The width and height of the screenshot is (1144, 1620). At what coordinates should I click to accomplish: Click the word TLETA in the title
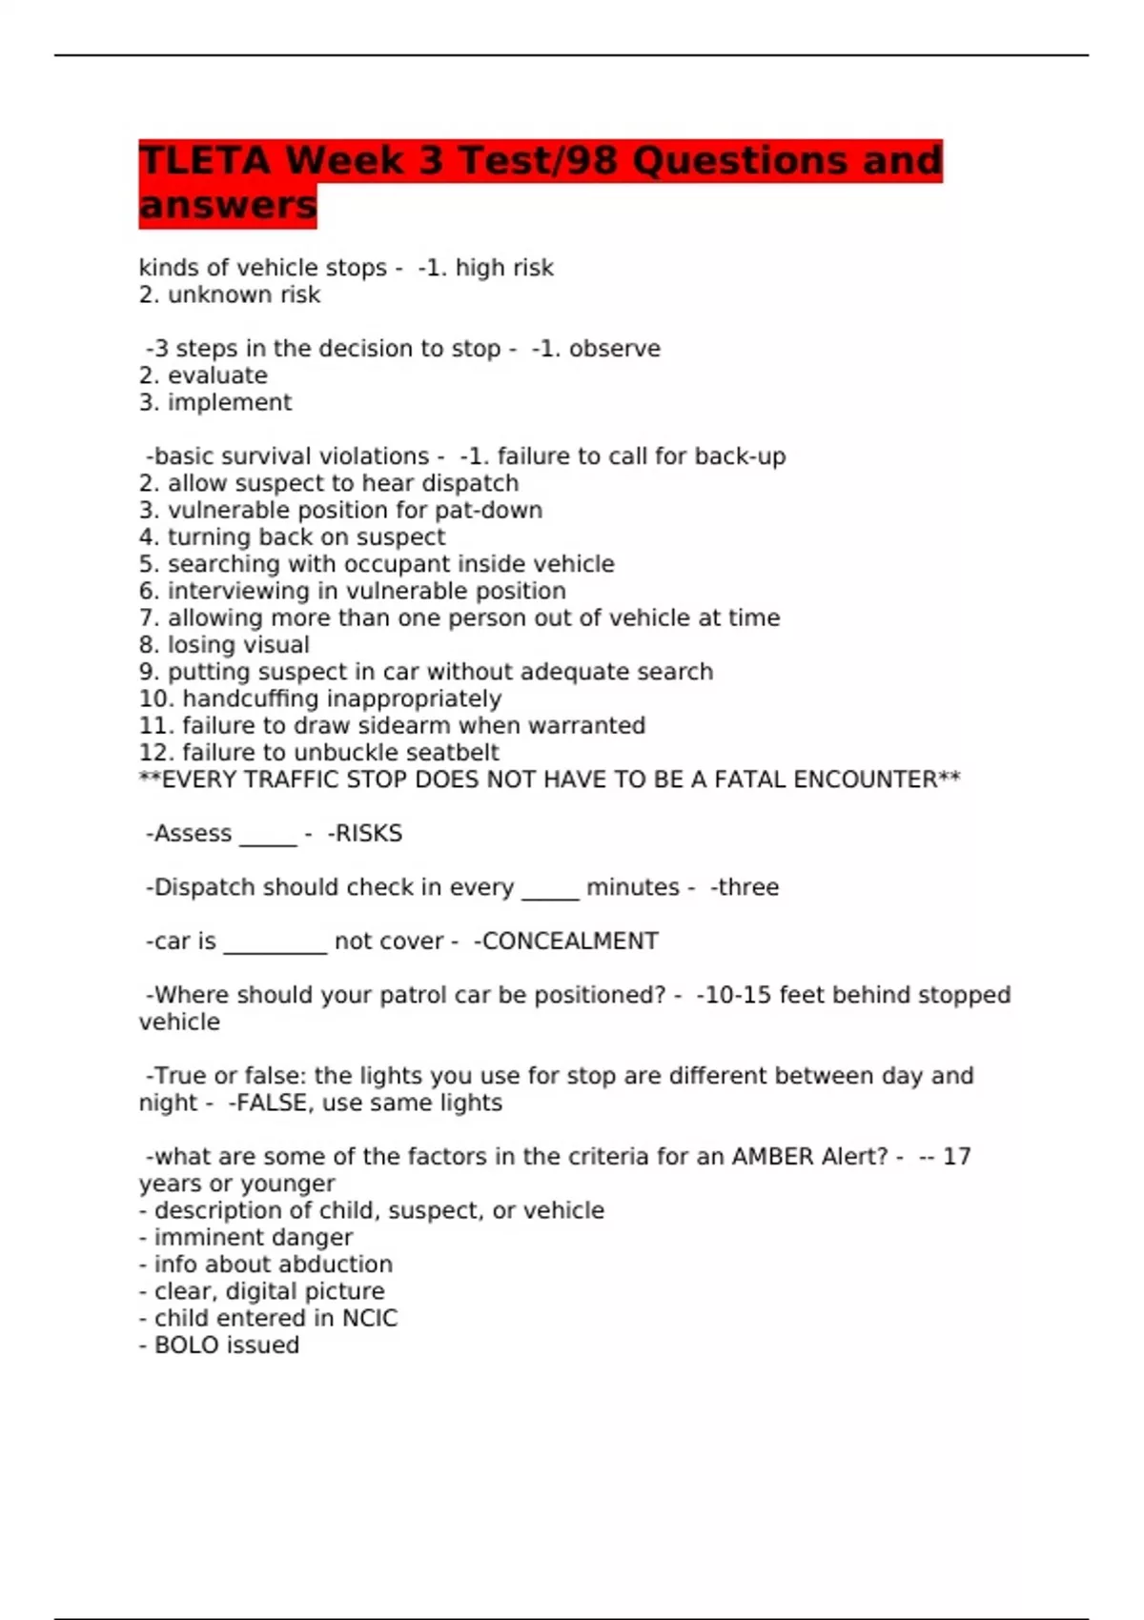click(x=205, y=160)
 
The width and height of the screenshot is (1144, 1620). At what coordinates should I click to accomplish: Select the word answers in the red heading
click(x=227, y=205)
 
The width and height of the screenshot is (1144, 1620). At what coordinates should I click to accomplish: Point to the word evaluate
click(x=217, y=375)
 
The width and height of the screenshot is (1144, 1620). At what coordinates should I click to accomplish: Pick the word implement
click(x=230, y=402)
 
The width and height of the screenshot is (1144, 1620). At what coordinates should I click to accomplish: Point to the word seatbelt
click(x=451, y=752)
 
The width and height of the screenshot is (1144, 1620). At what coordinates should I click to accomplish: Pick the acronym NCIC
click(x=370, y=1318)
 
